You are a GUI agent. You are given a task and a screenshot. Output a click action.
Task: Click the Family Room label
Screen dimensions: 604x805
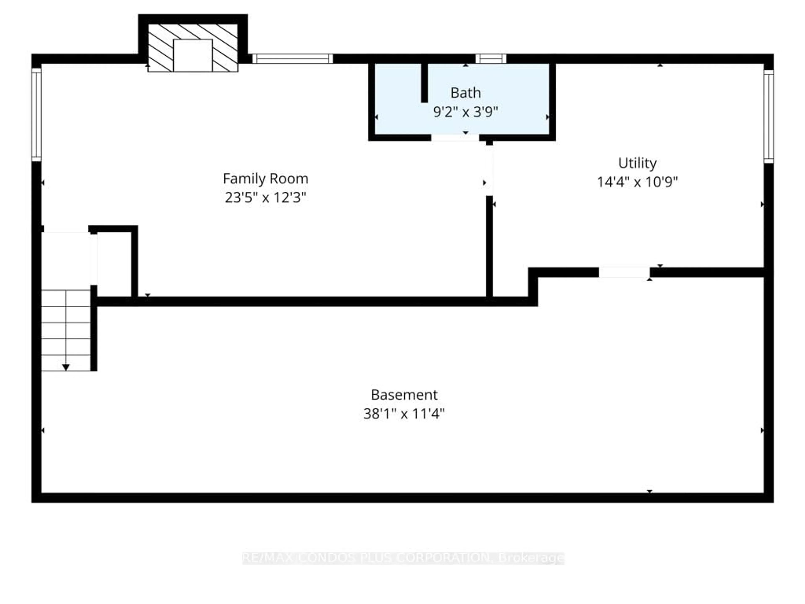coord(265,179)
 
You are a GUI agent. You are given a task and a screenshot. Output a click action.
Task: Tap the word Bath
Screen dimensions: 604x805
coord(465,93)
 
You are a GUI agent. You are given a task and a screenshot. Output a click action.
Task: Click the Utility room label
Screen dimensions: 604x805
coord(637,163)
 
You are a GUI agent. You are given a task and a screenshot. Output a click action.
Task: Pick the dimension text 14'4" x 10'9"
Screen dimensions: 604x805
coord(637,182)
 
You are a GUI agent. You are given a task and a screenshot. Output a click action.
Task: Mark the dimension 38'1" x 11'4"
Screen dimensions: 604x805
coord(404,414)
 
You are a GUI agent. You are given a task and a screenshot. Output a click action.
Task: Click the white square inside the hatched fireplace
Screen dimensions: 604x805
coord(192,55)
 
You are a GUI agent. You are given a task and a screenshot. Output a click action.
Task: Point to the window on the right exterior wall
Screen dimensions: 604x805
coord(768,117)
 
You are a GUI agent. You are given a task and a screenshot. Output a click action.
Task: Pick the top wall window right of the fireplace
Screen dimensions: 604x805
coord(293,59)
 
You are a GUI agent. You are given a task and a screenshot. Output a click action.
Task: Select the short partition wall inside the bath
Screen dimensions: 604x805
coord(424,83)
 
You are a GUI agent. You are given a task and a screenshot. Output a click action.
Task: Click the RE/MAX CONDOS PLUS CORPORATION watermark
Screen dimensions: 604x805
coord(403,558)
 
